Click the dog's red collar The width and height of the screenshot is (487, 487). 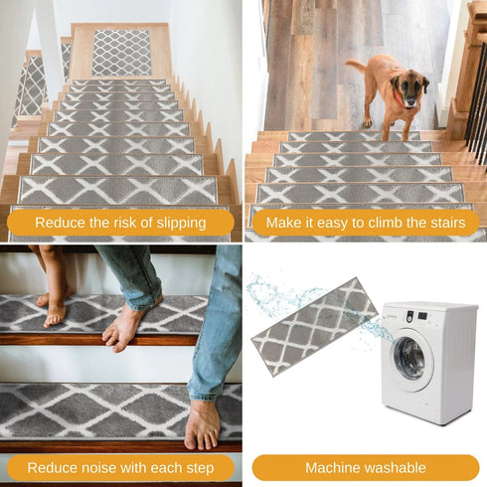click(x=398, y=99)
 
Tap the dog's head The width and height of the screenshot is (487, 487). click(x=409, y=87)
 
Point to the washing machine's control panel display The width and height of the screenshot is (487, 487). click(x=422, y=316)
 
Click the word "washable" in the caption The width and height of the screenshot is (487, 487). click(x=396, y=467)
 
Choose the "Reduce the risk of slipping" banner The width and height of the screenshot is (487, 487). click(x=120, y=223)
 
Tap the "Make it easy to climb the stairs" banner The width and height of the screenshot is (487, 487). click(x=365, y=223)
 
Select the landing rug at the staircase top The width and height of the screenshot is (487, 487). click(x=121, y=52)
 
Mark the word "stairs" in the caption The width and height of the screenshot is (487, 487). click(x=443, y=223)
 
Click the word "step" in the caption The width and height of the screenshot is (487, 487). click(x=199, y=467)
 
